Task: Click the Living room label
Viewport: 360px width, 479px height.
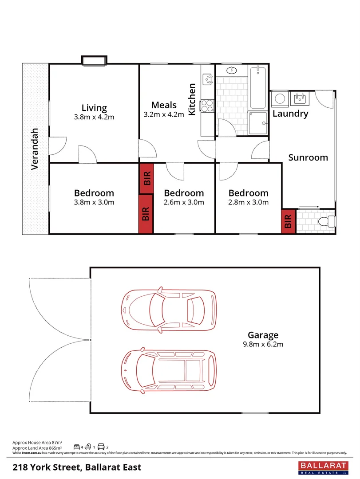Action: (94, 108)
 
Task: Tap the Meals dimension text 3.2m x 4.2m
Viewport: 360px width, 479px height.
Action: (163, 114)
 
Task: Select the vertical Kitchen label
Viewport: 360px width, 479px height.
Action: (192, 99)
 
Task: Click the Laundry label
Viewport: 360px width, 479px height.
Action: (290, 114)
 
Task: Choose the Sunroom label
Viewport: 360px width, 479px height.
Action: (308, 157)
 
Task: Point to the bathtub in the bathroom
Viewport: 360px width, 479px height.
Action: (258, 88)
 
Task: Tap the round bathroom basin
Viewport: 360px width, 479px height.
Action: (232, 70)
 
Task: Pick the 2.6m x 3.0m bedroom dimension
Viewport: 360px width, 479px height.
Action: (184, 203)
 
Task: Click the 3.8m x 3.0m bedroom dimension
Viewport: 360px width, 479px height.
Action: (94, 203)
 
